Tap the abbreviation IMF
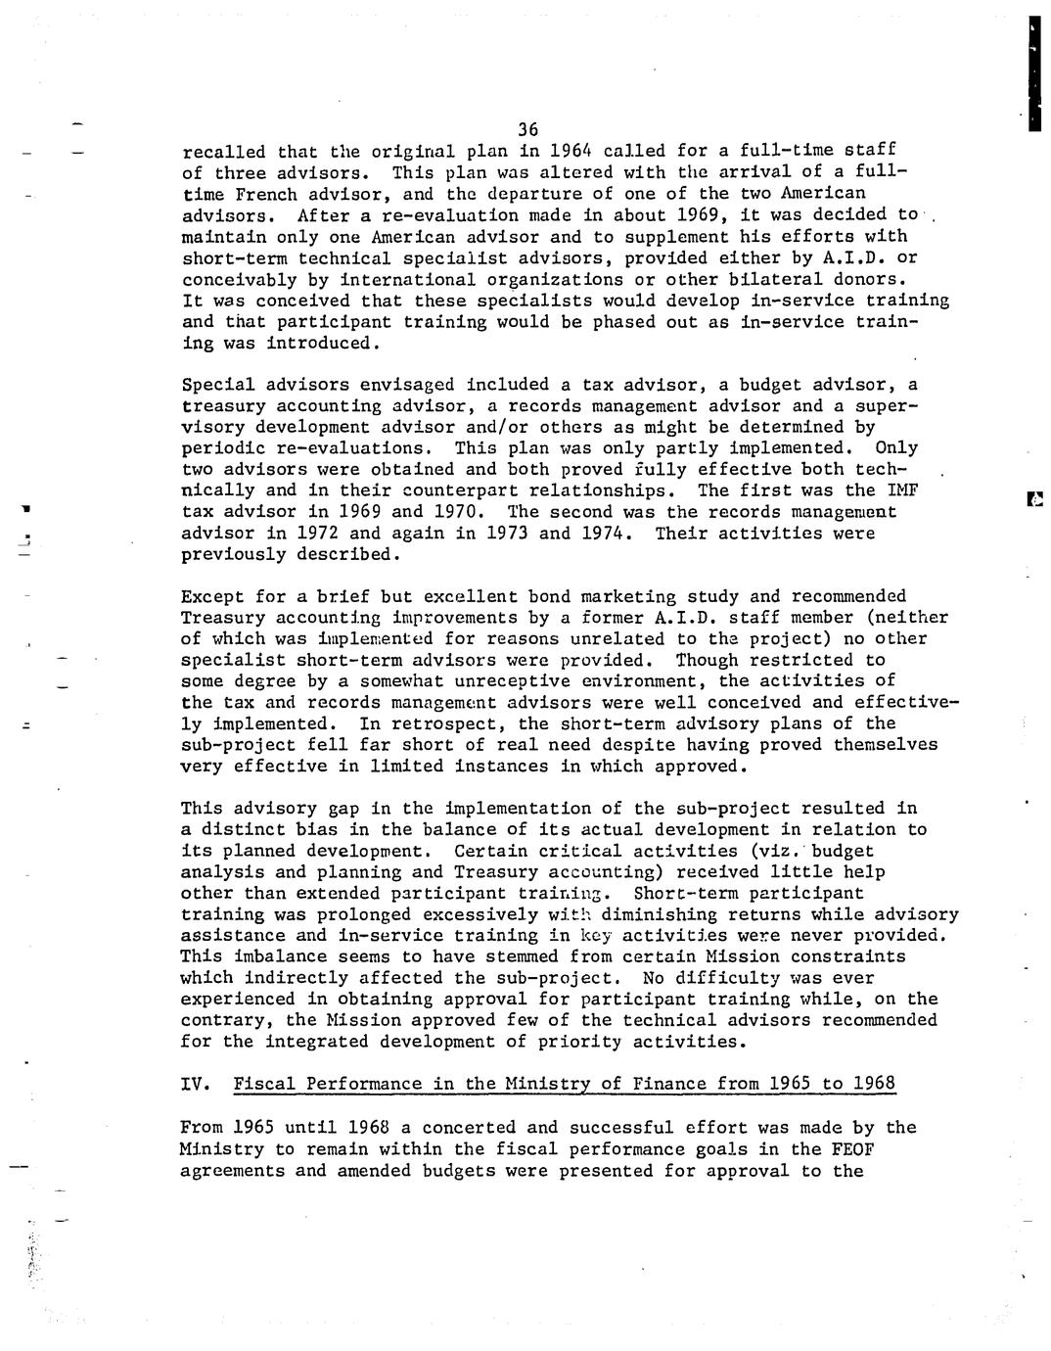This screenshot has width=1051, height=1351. point(901,490)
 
